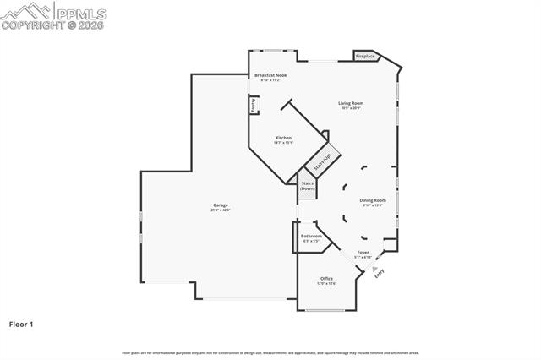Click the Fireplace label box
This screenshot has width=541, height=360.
click(365, 57)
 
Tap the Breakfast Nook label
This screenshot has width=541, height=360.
click(271, 75)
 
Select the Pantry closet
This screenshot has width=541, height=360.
click(253, 104)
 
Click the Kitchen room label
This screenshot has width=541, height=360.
click(283, 138)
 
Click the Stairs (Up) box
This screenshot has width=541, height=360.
click(321, 161)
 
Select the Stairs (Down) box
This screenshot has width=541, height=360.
click(308, 186)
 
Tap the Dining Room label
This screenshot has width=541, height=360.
click(373, 200)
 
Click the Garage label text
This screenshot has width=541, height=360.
click(221, 205)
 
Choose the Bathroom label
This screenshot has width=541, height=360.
click(311, 237)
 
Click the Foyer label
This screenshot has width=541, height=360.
click(363, 252)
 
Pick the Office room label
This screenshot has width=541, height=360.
click(326, 279)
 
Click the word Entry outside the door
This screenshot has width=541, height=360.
click(380, 272)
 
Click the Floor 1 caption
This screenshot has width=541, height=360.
click(22, 324)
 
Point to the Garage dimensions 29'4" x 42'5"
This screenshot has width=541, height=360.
click(221, 210)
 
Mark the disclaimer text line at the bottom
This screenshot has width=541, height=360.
click(270, 352)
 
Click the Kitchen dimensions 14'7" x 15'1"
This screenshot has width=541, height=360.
click(283, 143)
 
